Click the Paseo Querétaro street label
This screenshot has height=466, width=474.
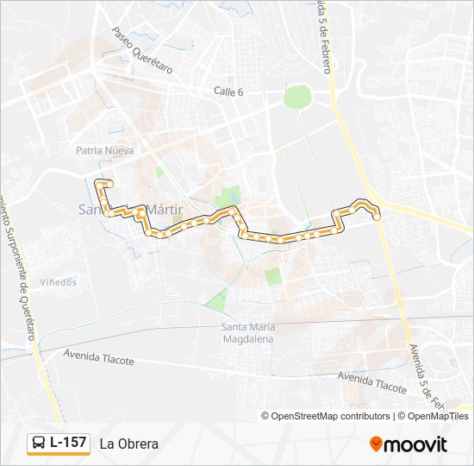142,49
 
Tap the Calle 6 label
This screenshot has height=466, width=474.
230,91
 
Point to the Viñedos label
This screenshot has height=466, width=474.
58,282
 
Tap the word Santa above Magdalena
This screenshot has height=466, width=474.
235,327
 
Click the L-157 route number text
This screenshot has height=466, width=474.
68,443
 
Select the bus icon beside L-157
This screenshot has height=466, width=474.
40,444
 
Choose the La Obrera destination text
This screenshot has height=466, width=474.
128,444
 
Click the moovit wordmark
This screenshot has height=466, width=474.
415,444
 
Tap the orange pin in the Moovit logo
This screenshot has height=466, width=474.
376,444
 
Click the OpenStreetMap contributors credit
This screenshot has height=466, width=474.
331,416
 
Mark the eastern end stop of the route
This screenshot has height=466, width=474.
377,217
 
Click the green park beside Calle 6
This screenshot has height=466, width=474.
296,95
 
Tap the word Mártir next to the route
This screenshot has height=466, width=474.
169,210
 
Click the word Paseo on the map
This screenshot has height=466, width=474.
123,37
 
